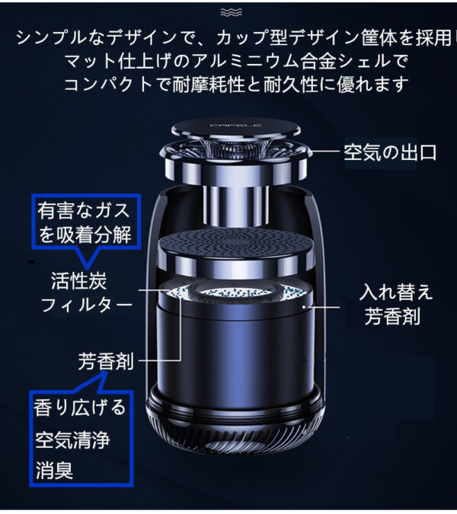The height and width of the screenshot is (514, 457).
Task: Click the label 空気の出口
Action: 390,153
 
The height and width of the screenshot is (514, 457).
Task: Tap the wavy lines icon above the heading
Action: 232,12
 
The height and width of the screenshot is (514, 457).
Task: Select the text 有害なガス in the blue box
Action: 84,210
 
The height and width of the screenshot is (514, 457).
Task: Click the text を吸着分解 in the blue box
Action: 85,235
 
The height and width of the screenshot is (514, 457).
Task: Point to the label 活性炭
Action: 79,281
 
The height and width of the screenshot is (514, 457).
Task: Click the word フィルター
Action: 87,305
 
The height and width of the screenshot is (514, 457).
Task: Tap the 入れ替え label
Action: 396,292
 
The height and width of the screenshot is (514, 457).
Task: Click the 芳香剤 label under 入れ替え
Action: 392,316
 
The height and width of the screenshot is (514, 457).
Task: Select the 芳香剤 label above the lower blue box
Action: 106,361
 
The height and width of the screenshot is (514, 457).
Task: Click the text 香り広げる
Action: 80,407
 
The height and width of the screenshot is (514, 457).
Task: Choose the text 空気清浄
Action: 72,439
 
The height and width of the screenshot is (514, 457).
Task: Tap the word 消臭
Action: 54,470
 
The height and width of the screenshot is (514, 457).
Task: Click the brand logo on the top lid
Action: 235,125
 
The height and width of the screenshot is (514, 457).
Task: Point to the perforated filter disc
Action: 235,244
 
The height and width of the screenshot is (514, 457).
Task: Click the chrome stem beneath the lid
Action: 235,206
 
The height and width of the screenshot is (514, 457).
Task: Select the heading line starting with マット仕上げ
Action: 236,62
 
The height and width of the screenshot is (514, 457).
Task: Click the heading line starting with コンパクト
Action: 236,85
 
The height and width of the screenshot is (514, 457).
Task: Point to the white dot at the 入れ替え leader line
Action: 304,307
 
